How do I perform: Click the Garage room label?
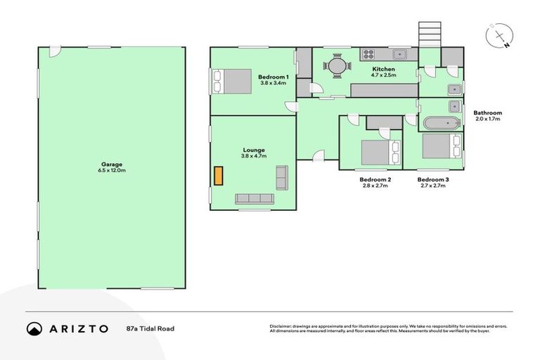click(112, 164)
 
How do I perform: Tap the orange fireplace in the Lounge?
click(218, 175)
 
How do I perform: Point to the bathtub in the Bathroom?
click(441, 124)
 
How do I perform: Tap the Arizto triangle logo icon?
click(34, 328)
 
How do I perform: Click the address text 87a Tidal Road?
click(150, 328)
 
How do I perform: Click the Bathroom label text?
click(487, 112)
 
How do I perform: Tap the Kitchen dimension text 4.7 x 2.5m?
click(384, 75)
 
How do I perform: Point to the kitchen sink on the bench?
click(400, 53)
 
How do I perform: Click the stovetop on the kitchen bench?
click(368, 53)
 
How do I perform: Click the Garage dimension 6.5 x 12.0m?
click(112, 171)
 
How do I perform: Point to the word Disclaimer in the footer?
click(281, 326)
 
